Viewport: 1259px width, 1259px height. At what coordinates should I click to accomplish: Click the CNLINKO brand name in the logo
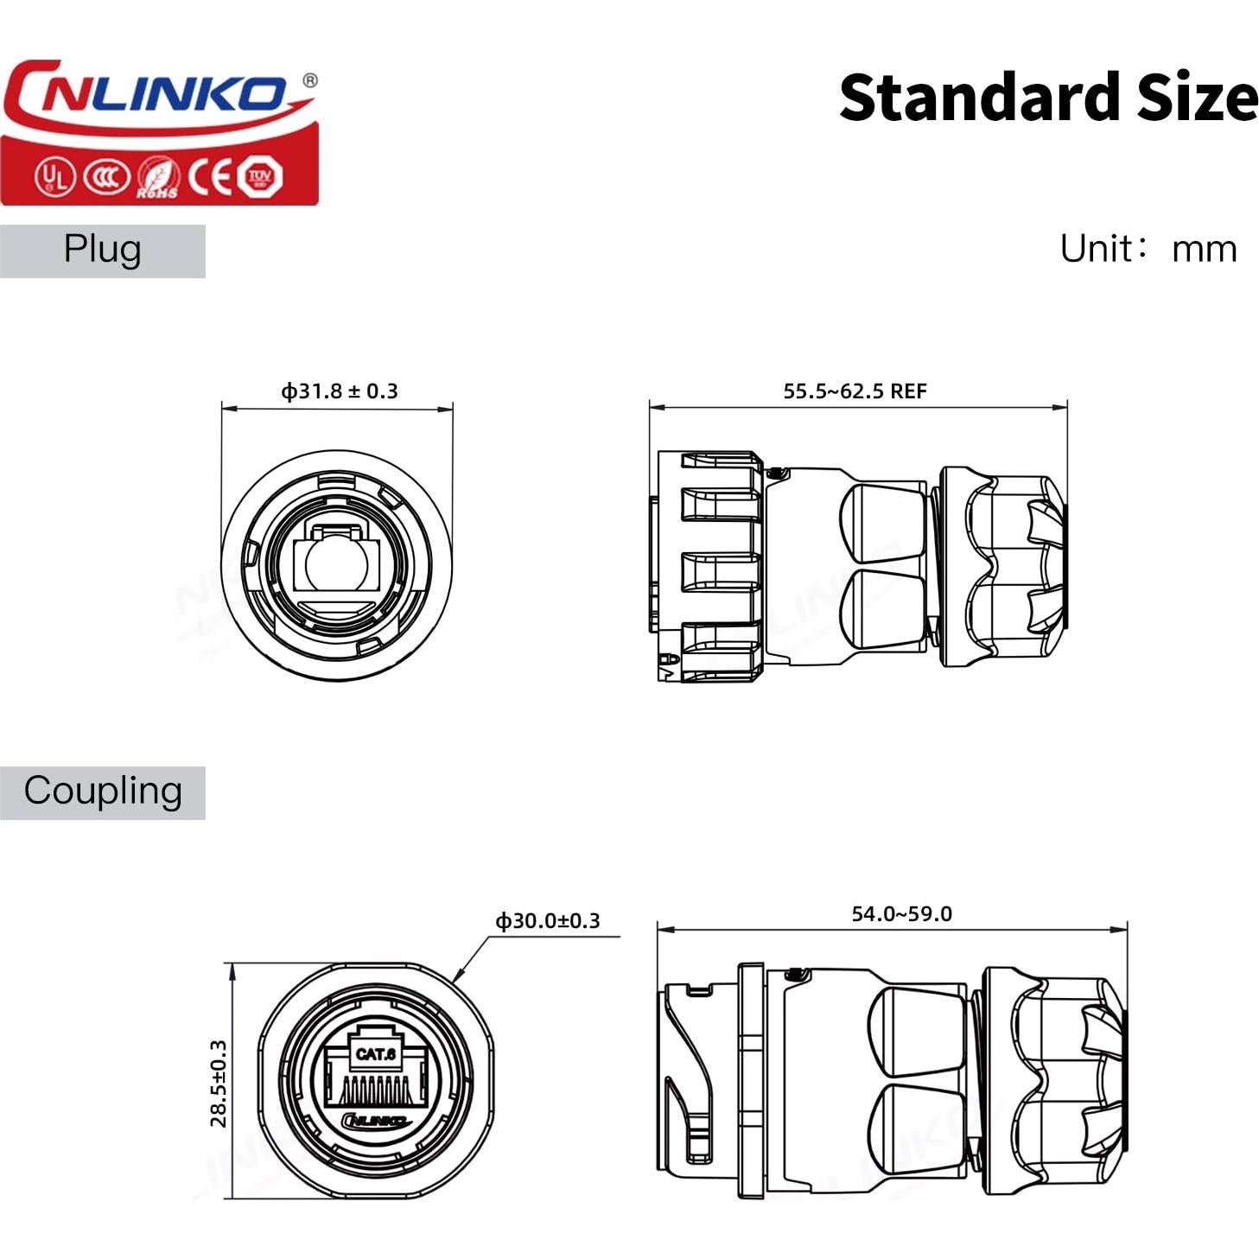151,93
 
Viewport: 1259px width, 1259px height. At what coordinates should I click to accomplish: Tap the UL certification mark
54,177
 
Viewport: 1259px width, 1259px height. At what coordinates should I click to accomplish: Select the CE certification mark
211,177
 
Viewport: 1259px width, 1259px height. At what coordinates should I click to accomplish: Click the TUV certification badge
259,177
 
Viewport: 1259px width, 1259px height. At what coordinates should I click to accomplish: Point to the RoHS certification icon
158,178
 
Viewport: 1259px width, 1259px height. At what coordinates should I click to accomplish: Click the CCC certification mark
105,177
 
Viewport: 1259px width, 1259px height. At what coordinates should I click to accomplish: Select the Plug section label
102,250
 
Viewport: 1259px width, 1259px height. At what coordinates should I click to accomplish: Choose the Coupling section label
102,792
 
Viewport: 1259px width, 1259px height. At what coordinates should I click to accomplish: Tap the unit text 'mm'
1204,249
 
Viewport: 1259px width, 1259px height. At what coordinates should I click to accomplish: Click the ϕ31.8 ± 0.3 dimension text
339,391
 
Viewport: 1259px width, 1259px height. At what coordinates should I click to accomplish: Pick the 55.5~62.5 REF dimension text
854,391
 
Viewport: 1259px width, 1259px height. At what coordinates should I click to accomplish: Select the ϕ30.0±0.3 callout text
547,921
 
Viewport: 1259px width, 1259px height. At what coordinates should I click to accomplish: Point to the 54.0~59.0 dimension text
901,914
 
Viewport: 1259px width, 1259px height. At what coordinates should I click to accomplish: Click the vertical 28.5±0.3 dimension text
219,1083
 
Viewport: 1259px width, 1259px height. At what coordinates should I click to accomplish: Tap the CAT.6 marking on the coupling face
375,1054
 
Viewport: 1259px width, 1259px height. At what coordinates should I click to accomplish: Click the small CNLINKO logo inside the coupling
374,1121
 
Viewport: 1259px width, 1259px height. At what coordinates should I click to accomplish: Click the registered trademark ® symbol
309,80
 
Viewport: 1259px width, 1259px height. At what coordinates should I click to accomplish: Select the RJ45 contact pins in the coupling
374,1090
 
